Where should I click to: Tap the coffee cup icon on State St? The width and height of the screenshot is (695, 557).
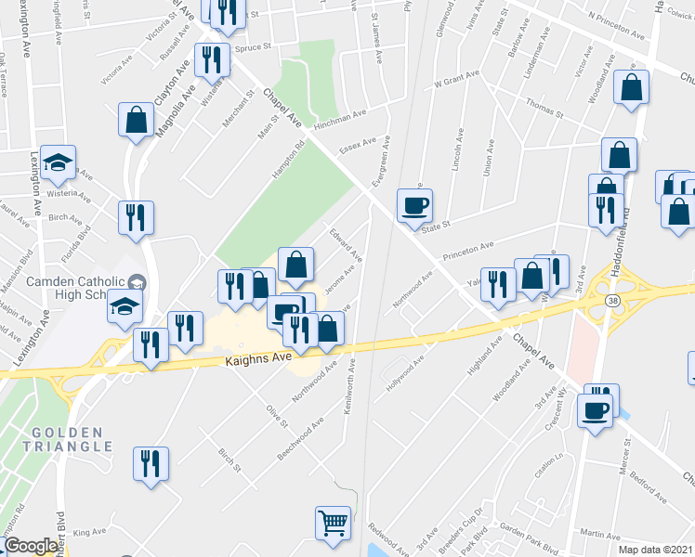[x=415, y=205]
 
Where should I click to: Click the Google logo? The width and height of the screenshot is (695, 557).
[x=31, y=546]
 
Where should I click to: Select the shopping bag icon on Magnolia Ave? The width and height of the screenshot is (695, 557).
[x=137, y=120]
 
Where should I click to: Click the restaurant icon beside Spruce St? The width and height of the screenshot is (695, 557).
[x=213, y=59]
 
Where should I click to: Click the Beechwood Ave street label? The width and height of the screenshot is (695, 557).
[x=300, y=439]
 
